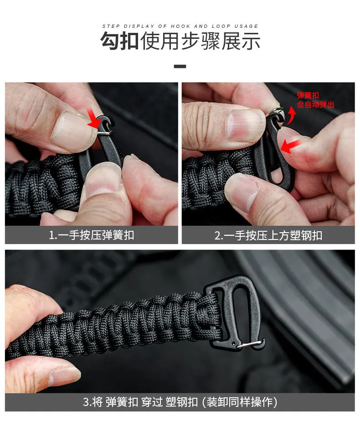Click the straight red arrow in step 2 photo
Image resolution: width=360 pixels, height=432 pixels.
click(290, 146)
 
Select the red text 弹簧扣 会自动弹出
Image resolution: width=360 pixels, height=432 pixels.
click(315, 100)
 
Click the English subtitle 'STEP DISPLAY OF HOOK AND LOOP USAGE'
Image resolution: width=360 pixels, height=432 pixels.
click(180, 26)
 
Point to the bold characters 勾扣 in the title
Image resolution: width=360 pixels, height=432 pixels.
click(119, 41)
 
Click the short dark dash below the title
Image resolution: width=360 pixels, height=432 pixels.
click(180, 67)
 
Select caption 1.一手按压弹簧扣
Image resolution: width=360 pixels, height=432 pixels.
click(92, 235)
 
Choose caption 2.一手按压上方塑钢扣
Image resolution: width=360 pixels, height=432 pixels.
click(268, 235)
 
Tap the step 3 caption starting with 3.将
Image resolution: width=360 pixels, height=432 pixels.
click(180, 402)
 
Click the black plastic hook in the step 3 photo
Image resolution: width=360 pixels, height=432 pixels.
click(234, 312)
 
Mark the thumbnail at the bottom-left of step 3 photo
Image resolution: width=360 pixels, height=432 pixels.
click(65, 375)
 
